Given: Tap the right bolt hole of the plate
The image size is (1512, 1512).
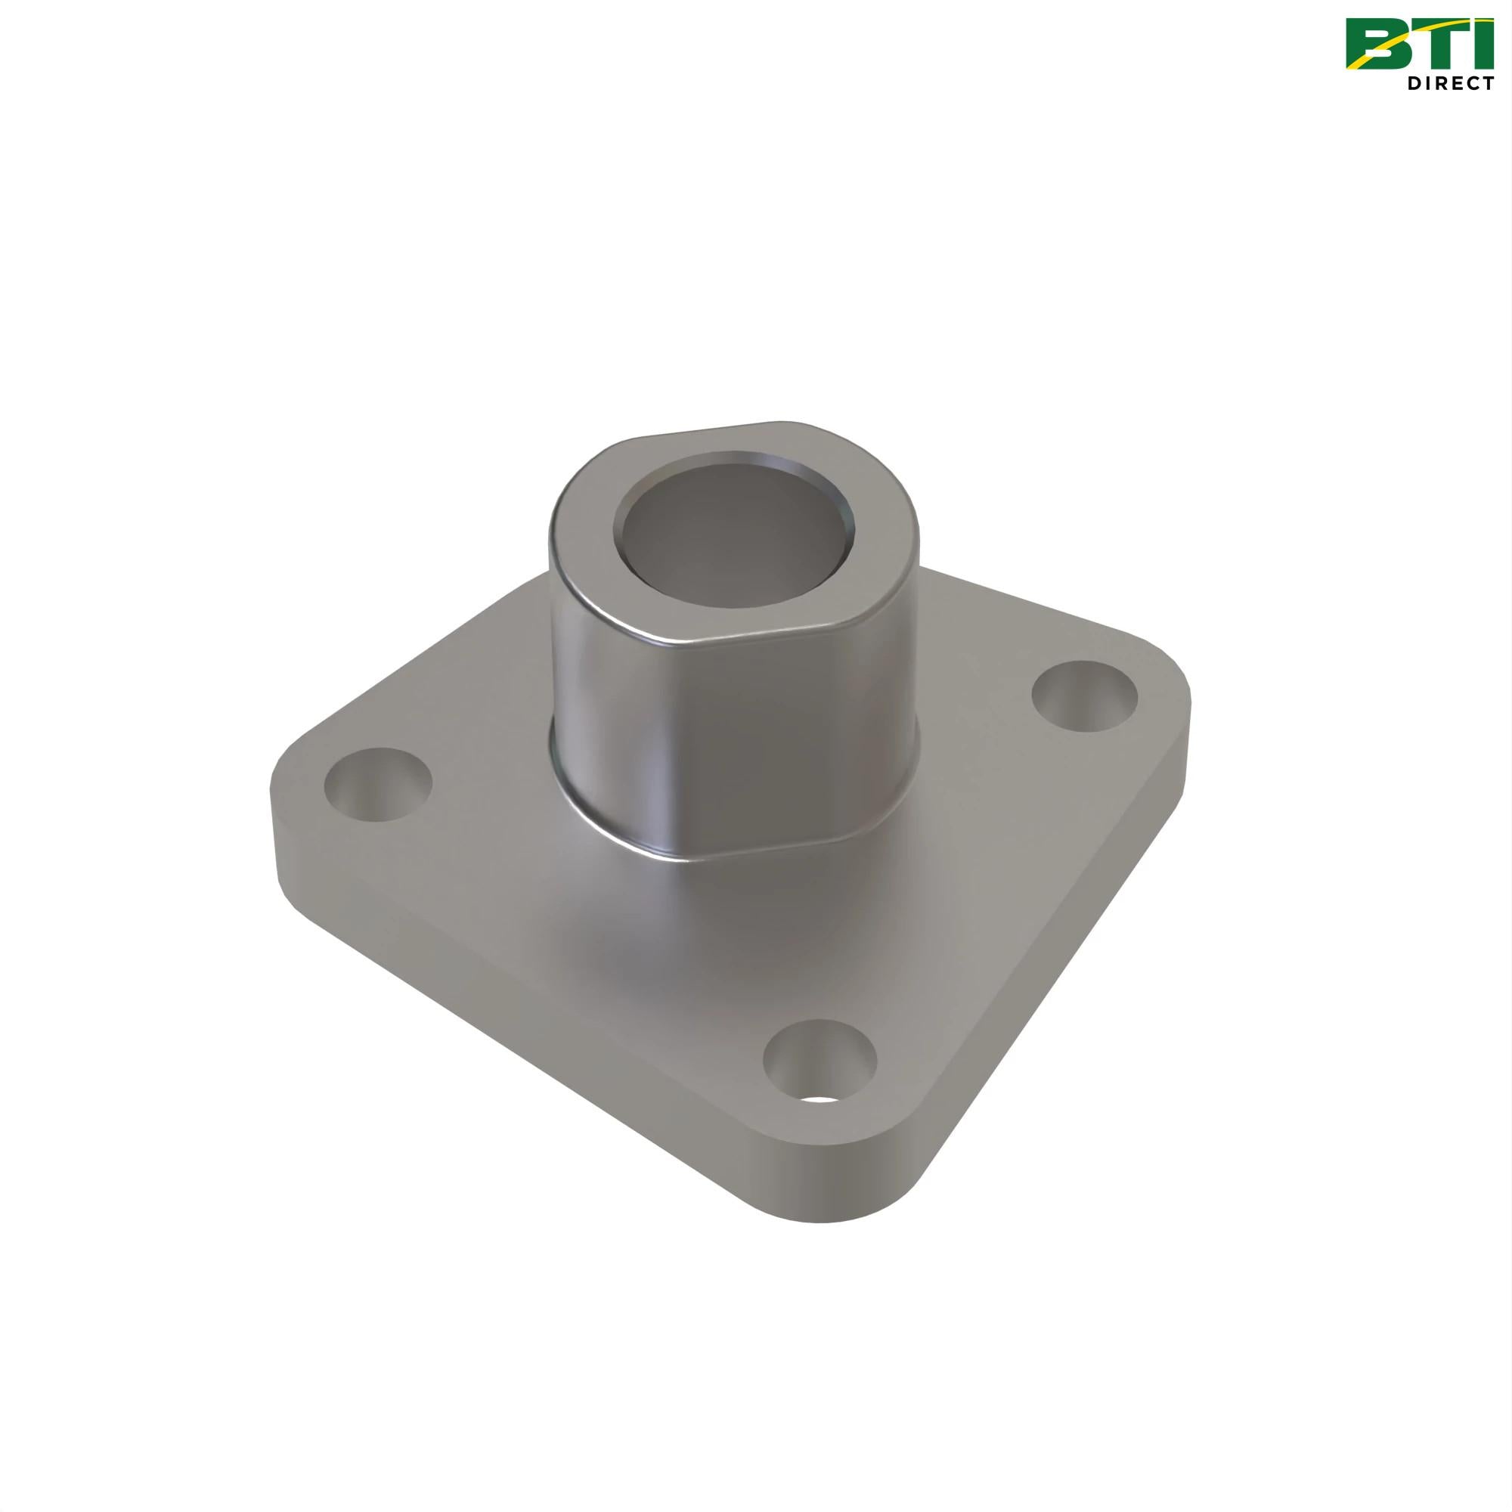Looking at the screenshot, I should pyautogui.click(x=1085, y=696).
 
